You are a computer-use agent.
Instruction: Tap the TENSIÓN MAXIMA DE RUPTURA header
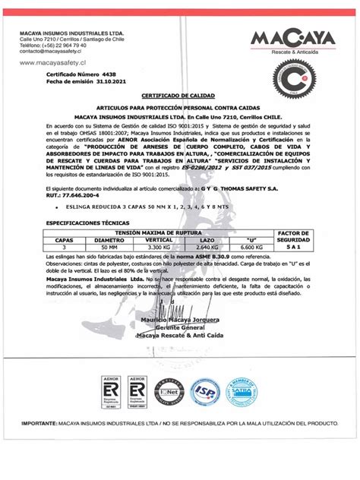coord(179,232)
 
